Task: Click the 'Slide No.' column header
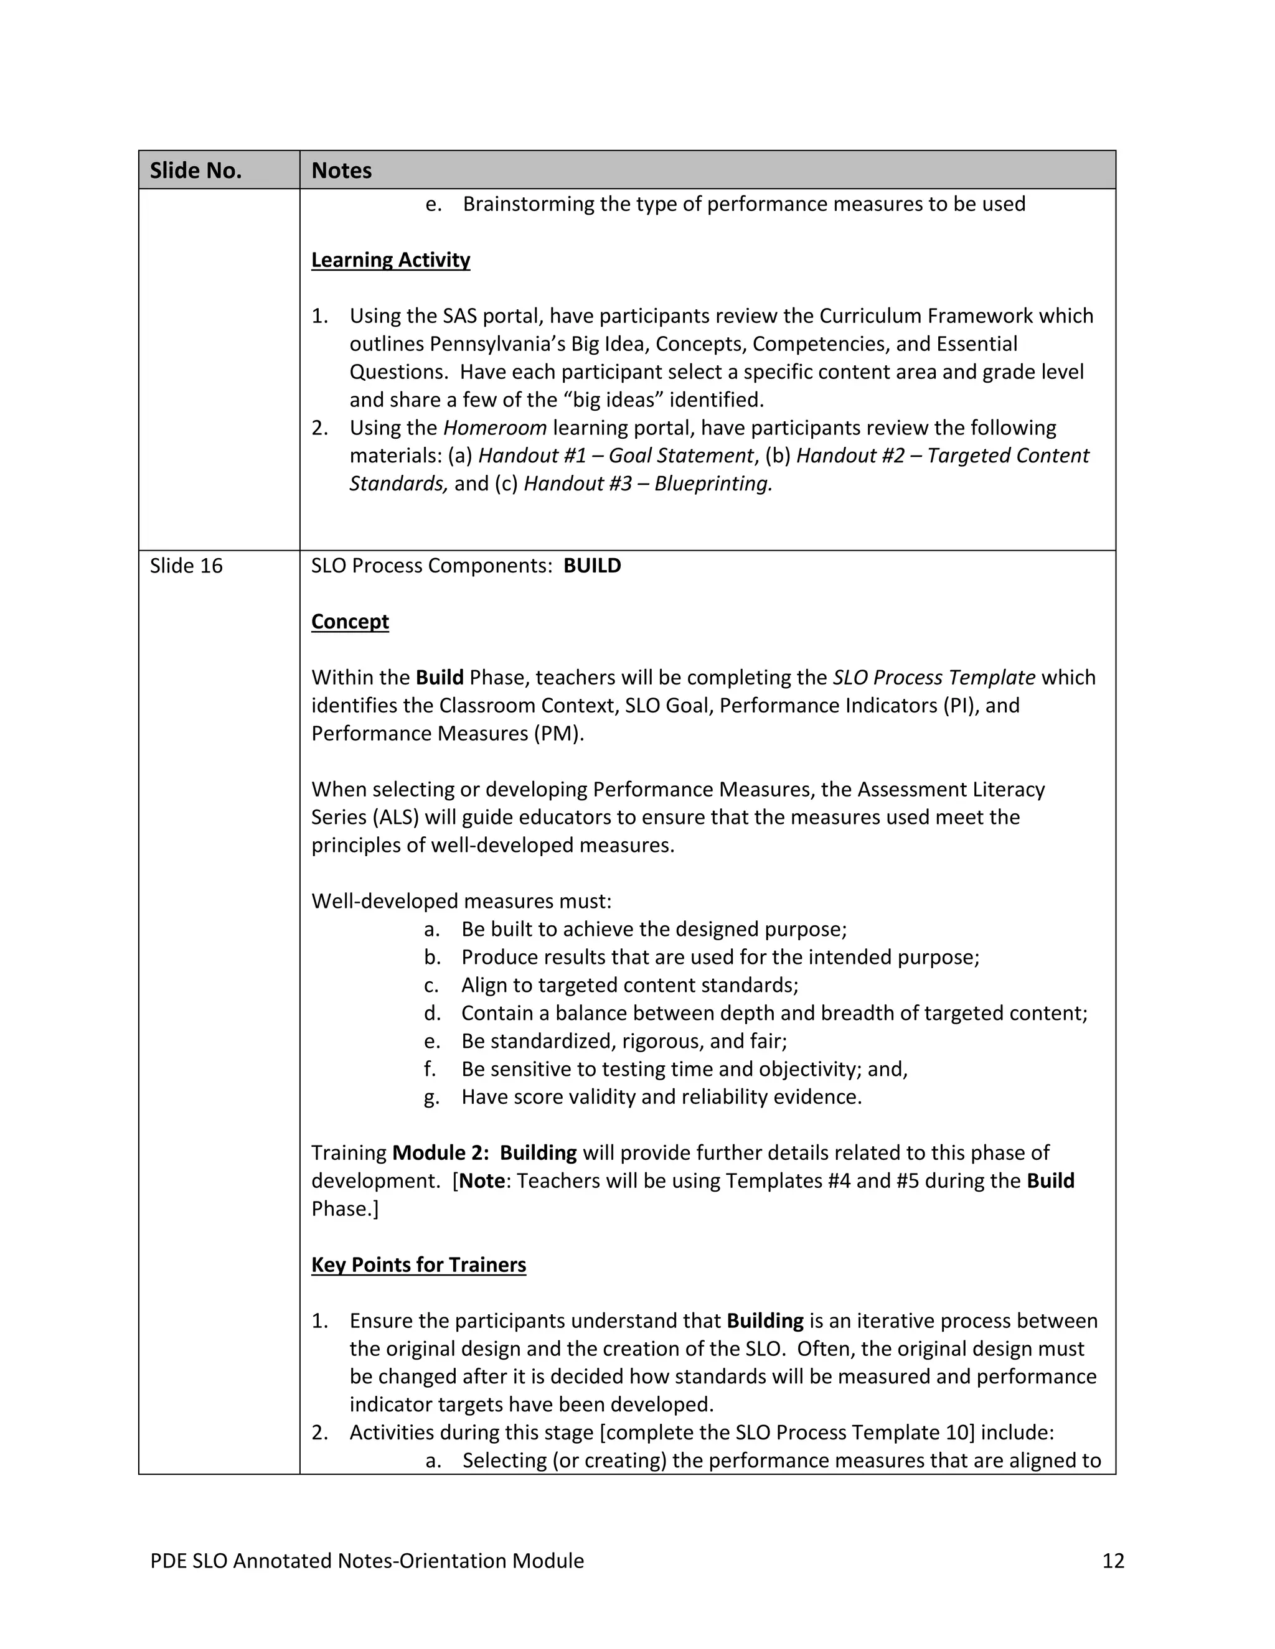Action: (195, 171)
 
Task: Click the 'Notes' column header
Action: (341, 171)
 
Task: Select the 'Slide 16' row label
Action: (186, 566)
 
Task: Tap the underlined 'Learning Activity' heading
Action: (390, 259)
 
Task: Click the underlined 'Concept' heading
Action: (350, 622)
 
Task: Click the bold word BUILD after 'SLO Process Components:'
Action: (592, 566)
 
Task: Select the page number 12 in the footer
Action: (1113, 1561)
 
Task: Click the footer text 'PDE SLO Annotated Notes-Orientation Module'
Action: (367, 1561)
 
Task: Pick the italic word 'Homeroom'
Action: (495, 427)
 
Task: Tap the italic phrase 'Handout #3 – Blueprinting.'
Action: (648, 483)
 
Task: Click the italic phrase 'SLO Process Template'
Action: (934, 677)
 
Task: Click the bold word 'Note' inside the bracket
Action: (481, 1181)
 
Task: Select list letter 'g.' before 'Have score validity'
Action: (431, 1097)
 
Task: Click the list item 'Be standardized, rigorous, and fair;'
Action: (624, 1041)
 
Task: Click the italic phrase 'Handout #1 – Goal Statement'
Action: (616, 455)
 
